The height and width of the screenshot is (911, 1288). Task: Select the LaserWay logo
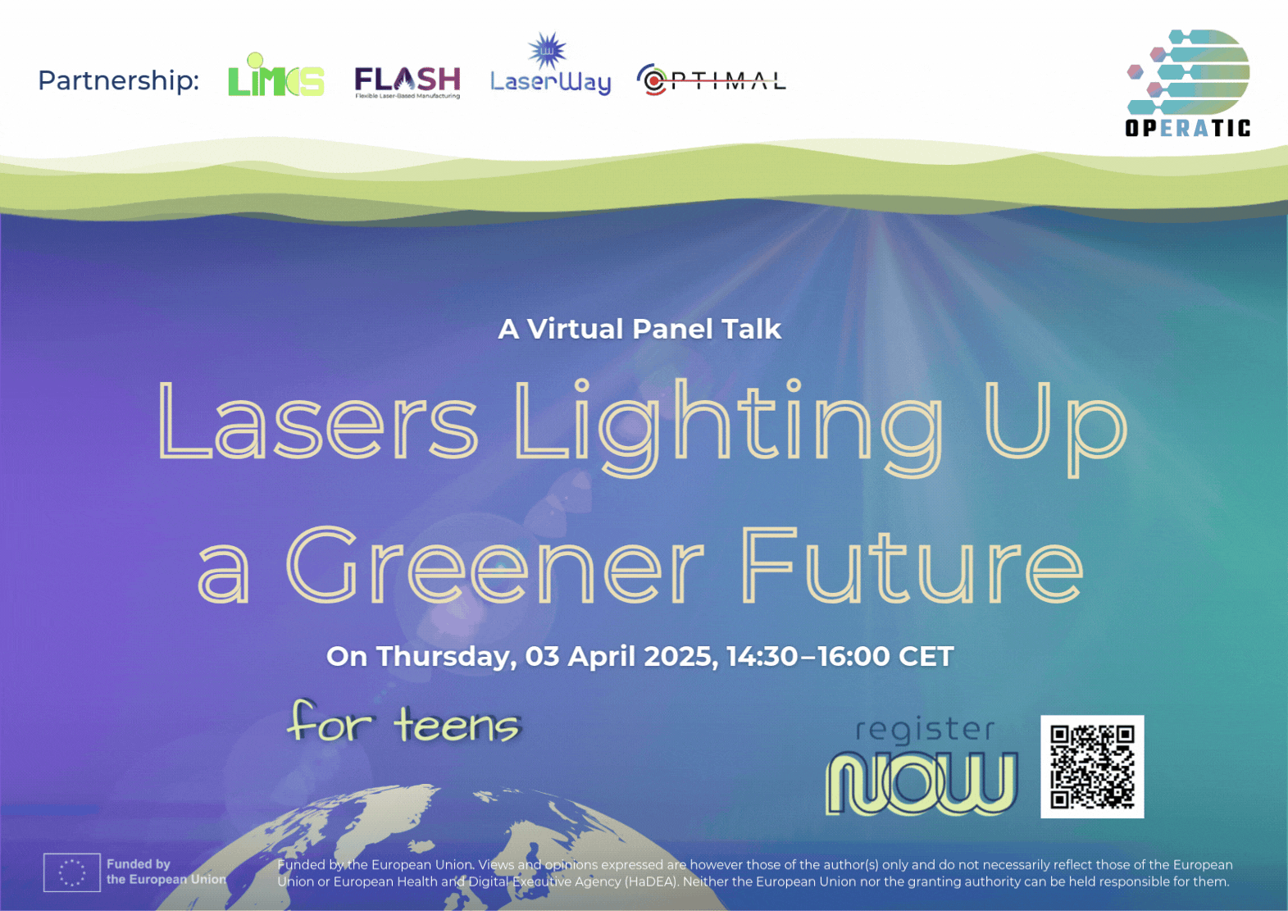coord(550,64)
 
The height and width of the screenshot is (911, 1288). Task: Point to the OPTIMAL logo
coord(712,80)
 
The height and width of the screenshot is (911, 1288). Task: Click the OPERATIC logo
coord(1188,84)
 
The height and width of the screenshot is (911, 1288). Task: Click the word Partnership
coord(118,80)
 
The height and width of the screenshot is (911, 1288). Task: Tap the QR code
coord(1092,767)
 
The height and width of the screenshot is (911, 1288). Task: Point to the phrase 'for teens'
coord(404,722)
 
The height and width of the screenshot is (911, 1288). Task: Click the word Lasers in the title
coord(317,420)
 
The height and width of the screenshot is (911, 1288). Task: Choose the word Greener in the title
coord(494,563)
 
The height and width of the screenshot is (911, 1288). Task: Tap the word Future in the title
coord(912,563)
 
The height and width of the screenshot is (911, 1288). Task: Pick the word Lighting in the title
coord(729,426)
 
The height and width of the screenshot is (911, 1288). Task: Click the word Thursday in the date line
coord(447,657)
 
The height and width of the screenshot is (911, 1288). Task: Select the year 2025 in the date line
coord(680,656)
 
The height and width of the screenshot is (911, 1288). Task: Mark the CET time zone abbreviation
coord(926,656)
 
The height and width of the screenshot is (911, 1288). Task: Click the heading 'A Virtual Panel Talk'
coord(639,329)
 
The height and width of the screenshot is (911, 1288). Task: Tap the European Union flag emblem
coord(72,872)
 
